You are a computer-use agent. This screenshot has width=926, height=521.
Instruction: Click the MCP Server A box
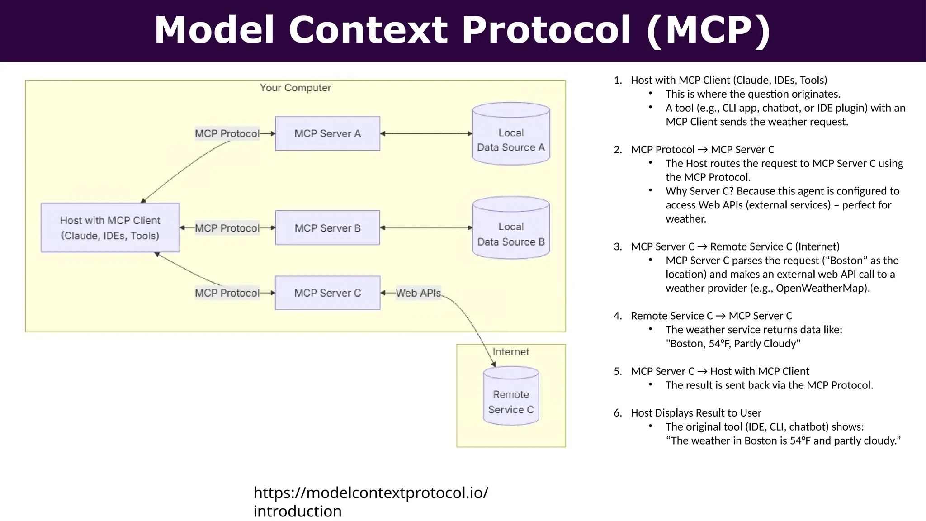tap(327, 133)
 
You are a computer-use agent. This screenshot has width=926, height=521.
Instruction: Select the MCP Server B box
tap(327, 228)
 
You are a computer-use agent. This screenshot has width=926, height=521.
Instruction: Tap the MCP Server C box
tap(327, 293)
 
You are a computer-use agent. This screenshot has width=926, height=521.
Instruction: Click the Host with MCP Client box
tap(110, 227)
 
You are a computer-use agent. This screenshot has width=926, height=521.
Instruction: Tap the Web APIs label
tap(418, 293)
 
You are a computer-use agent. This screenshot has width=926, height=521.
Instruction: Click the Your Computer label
tap(295, 88)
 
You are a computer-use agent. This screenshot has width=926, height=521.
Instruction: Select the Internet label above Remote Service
tap(510, 352)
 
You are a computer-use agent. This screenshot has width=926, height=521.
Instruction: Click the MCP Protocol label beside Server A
tap(227, 133)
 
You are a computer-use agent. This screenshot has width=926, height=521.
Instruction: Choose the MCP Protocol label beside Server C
tap(227, 293)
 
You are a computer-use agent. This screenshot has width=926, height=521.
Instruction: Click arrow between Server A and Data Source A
tap(426, 134)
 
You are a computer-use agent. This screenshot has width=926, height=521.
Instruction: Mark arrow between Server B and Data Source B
tap(426, 228)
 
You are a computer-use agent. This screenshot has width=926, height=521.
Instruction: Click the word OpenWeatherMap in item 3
tap(822, 288)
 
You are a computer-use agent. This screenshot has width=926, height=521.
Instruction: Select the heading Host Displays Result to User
tap(696, 413)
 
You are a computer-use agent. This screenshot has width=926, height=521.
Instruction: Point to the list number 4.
tap(617, 316)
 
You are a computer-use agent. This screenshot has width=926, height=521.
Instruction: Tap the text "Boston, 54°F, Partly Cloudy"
tap(733, 344)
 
